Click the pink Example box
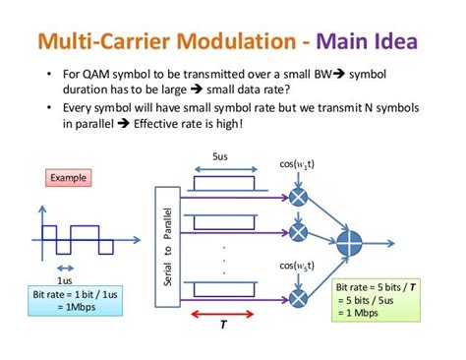pos(70,177)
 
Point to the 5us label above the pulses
pos(222,155)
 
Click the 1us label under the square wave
pos(66,280)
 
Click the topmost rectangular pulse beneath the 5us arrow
pos(223,183)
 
